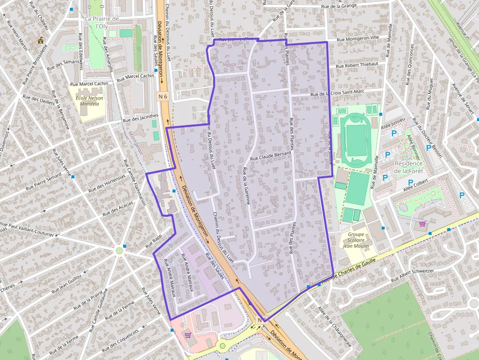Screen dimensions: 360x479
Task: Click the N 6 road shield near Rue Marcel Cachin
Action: [x=163, y=97]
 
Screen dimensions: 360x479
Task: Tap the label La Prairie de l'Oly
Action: [x=102, y=22]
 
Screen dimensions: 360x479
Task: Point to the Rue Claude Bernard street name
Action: [x=270, y=156]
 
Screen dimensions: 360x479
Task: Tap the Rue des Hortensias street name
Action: [x=107, y=184]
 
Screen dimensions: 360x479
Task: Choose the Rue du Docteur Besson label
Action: [x=427, y=138]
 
